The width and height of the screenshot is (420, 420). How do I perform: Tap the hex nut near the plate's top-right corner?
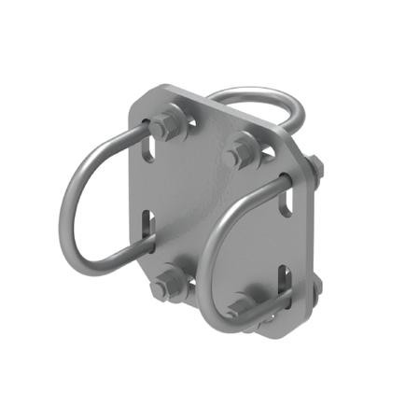pos(240,150)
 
